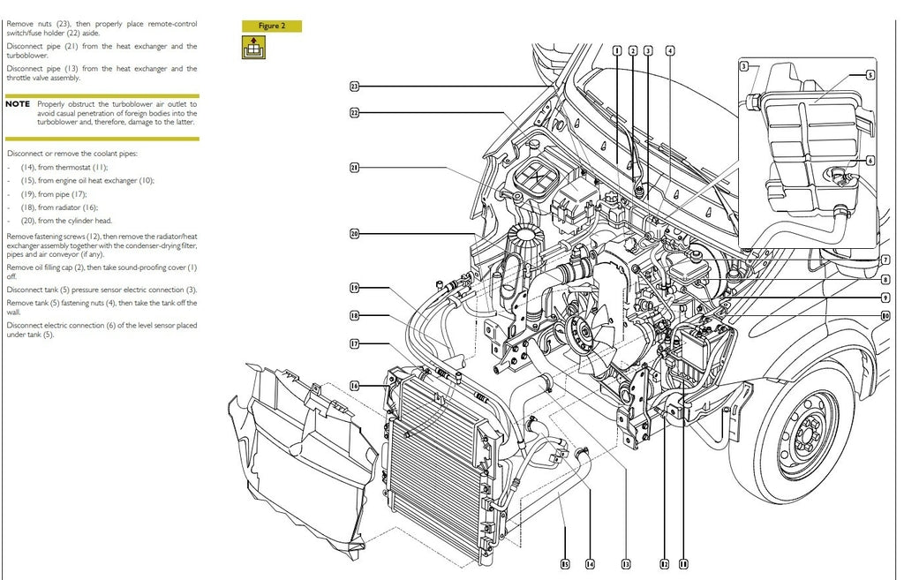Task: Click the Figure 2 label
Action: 272,26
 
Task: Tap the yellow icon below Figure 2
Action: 253,49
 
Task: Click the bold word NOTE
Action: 18,104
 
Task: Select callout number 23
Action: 354,87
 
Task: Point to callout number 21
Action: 354,168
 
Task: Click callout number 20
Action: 354,234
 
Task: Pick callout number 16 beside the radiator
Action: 354,385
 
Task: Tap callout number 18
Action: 354,315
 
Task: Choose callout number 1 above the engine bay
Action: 617,51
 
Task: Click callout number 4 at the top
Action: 670,51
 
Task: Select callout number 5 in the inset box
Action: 870,76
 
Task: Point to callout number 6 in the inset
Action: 870,162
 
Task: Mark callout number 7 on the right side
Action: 885,260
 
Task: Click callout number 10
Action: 885,315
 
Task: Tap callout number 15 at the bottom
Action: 564,562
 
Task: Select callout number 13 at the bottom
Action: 625,562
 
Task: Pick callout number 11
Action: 682,562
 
